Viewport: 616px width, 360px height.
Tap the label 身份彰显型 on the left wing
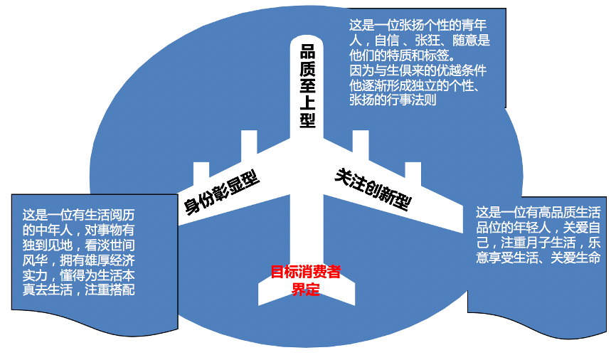tap(221, 191)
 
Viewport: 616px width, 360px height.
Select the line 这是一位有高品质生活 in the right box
tap(538, 212)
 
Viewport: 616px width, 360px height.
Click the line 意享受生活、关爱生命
tap(538, 257)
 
